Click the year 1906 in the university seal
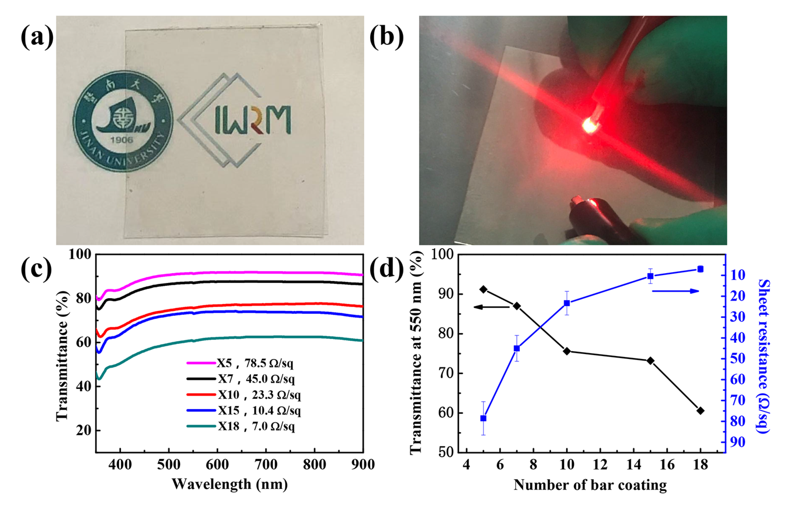pyautogui.click(x=121, y=140)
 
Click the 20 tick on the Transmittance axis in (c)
pyautogui.click(x=83, y=430)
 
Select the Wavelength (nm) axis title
pyautogui.click(x=230, y=484)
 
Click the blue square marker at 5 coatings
pyautogui.click(x=483, y=418)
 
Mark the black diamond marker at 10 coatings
pyautogui.click(x=567, y=351)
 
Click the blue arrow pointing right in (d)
pyautogui.click(x=675, y=291)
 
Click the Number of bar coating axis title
pyautogui.click(x=590, y=485)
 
